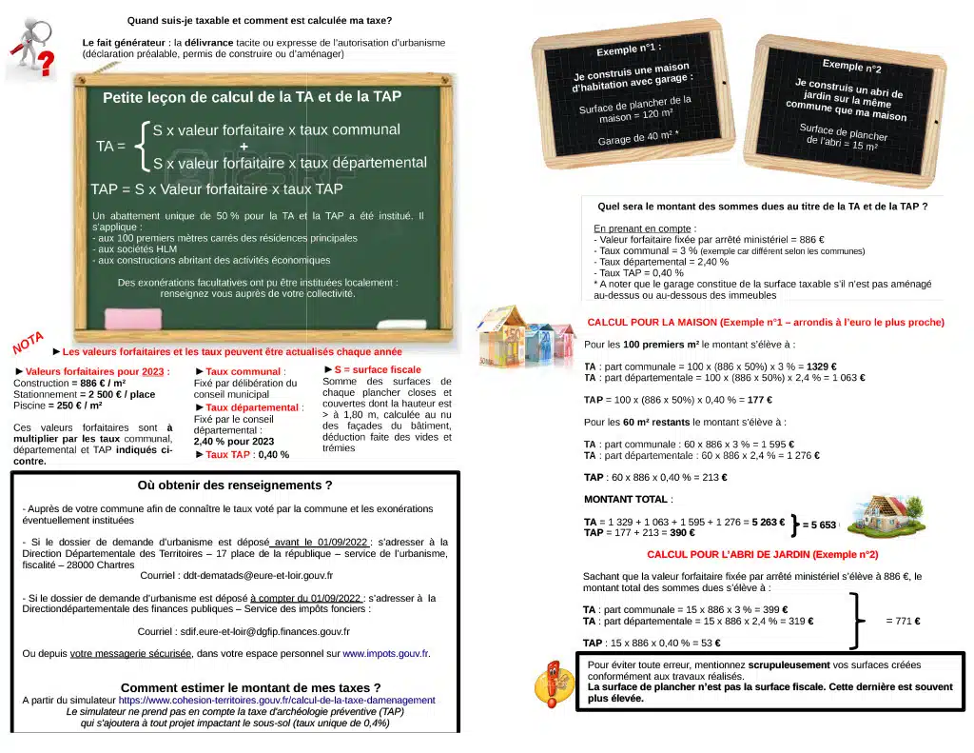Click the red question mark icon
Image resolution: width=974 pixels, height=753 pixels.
45,64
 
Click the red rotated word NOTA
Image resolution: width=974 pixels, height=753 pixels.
29,342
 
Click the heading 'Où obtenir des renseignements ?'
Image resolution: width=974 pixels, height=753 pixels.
235,485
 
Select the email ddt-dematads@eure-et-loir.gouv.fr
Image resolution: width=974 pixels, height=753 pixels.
258,575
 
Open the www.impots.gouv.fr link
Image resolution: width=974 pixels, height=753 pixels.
385,654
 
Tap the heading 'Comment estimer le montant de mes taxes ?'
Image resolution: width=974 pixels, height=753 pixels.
250,687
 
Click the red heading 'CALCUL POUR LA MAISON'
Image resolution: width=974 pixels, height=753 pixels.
766,323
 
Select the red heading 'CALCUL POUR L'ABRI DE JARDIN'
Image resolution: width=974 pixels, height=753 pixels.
762,554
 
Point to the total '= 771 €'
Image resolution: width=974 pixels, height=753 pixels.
903,621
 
